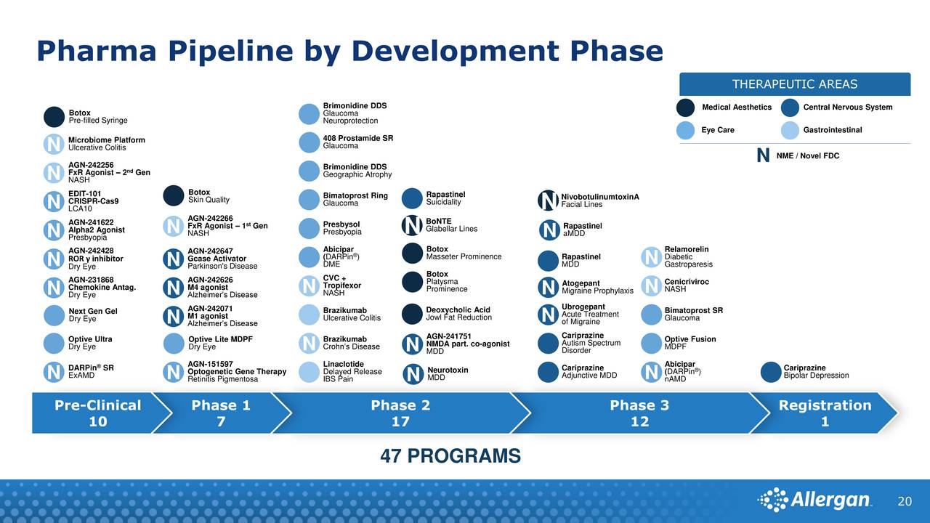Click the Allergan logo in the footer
pos(814,500)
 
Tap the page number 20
pos(905,501)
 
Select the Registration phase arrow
pos(824,413)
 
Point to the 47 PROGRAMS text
pos(450,455)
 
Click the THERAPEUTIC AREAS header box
pos(795,84)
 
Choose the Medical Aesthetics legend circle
pos(685,108)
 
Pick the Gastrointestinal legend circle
pos(790,130)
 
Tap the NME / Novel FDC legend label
pos(807,155)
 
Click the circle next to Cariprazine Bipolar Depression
pos(771,372)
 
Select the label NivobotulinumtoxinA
pos(600,197)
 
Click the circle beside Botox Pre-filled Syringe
pos(54,117)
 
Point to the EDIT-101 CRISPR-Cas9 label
pos(94,198)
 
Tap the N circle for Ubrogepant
pos(548,315)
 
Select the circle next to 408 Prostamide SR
pos(309,142)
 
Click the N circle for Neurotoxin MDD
pos(413,374)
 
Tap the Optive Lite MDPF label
pos(220,343)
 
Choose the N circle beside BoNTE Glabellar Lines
pos(412,225)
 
